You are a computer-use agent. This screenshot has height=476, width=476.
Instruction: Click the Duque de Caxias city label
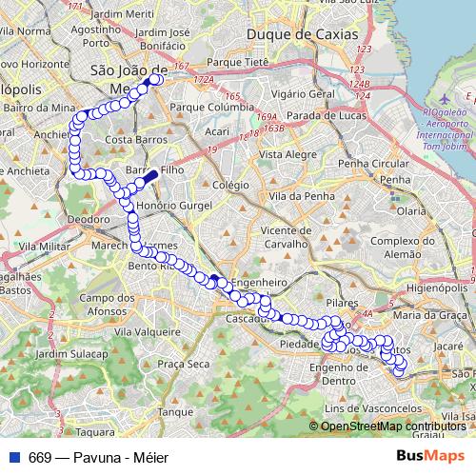coord(303,34)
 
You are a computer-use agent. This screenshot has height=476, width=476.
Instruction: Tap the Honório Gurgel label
coord(170,206)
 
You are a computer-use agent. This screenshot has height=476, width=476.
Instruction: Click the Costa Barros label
coord(130,140)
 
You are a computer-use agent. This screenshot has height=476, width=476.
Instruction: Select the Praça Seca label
coord(183,364)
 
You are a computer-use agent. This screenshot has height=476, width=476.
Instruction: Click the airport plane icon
coord(443,99)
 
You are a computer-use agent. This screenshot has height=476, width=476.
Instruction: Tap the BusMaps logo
coord(430,457)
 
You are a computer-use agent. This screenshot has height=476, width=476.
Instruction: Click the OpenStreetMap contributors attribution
coord(392,426)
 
